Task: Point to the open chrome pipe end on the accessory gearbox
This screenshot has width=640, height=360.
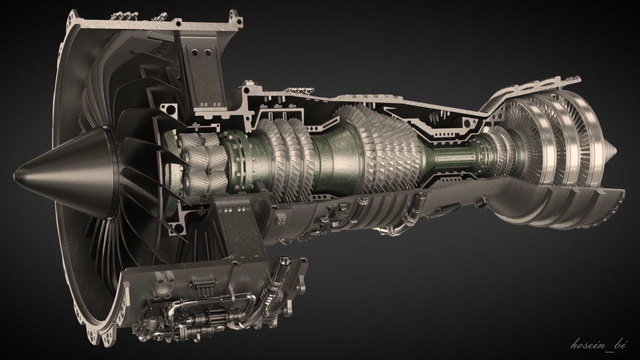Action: [x=285, y=261]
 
